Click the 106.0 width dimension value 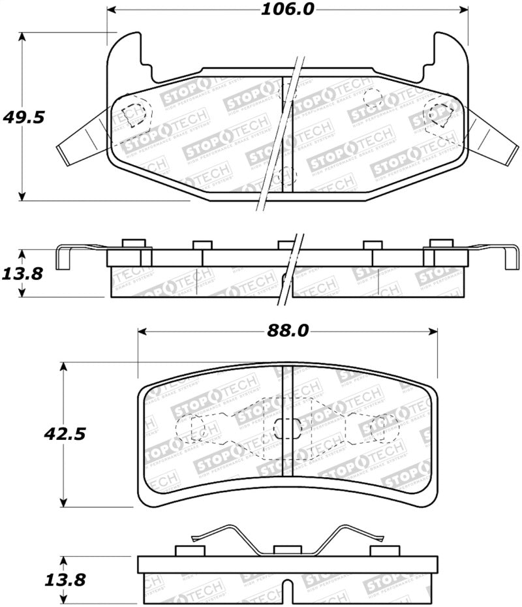(x=287, y=9)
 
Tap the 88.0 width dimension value (x=287, y=331)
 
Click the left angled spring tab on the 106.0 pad (x=82, y=138)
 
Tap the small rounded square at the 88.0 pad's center (x=285, y=428)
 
